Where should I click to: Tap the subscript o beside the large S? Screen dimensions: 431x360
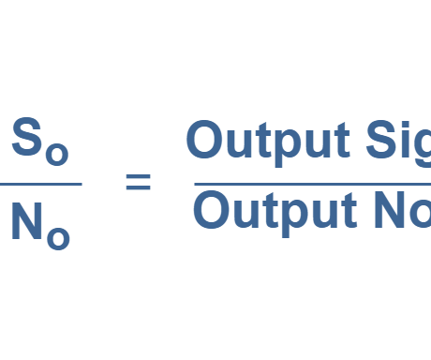click(x=56, y=154)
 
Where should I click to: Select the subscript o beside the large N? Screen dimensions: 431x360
click(x=58, y=239)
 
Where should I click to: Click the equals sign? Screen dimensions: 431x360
click(x=138, y=182)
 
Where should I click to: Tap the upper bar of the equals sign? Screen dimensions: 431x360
click(x=138, y=175)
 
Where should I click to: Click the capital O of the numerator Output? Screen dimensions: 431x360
click(x=204, y=141)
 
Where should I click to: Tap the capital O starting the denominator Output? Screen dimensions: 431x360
click(x=210, y=211)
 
